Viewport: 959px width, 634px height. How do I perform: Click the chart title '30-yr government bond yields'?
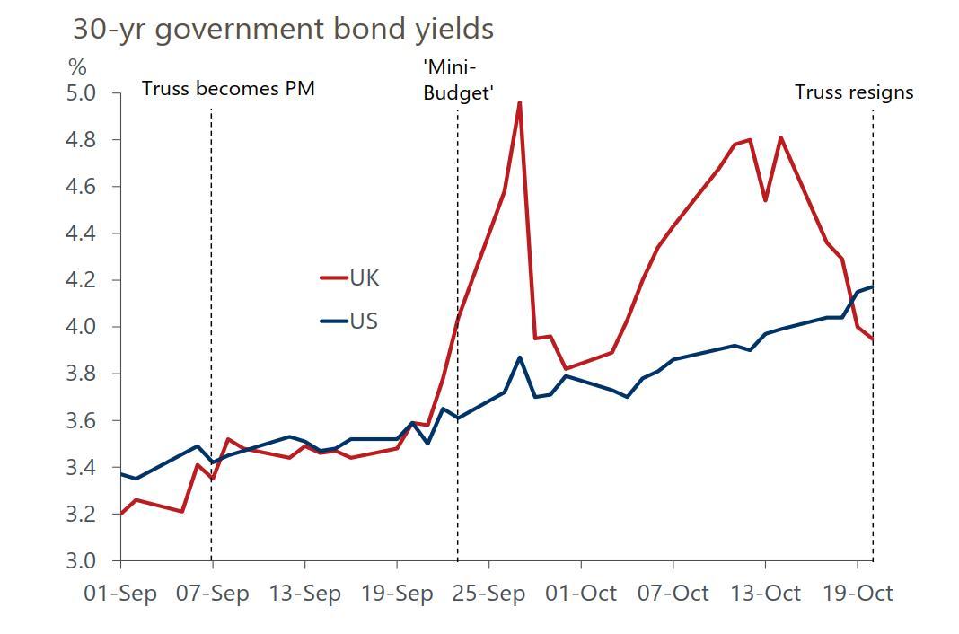point(283,29)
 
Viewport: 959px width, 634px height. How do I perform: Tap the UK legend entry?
point(364,278)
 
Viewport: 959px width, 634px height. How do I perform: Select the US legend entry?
point(363,321)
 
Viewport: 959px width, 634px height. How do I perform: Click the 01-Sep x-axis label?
point(120,594)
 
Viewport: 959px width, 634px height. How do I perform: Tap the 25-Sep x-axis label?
point(489,594)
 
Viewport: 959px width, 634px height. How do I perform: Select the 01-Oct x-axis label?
point(581,594)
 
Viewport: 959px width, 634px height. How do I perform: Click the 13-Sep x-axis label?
point(304,594)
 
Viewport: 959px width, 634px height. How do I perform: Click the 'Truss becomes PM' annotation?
point(228,89)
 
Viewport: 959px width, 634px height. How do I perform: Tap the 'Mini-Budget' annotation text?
point(458,80)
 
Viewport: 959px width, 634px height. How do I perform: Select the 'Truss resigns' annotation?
point(853,92)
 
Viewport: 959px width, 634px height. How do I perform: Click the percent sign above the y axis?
point(77,67)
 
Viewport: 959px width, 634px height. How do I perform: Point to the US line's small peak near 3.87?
point(519,357)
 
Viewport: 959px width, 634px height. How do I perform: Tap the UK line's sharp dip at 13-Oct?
point(765,199)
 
